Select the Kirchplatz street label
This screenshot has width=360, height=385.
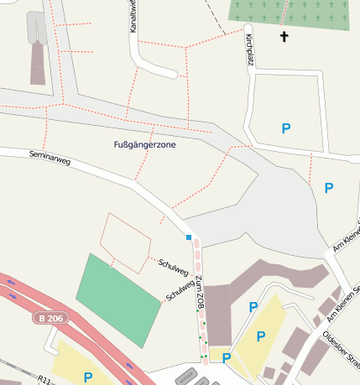(x=248, y=51)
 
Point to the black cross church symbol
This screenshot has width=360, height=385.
(x=284, y=37)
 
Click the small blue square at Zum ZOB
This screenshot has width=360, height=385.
(x=189, y=238)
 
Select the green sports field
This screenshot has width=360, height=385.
(x=118, y=294)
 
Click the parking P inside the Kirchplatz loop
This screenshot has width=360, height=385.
(x=286, y=128)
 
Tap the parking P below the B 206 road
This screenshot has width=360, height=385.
(x=88, y=377)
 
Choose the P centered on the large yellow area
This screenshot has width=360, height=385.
(x=260, y=336)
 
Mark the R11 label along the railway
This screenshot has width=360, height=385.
(x=47, y=380)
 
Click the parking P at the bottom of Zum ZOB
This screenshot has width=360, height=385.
(x=227, y=358)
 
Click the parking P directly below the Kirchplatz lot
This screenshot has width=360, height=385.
(x=329, y=188)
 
